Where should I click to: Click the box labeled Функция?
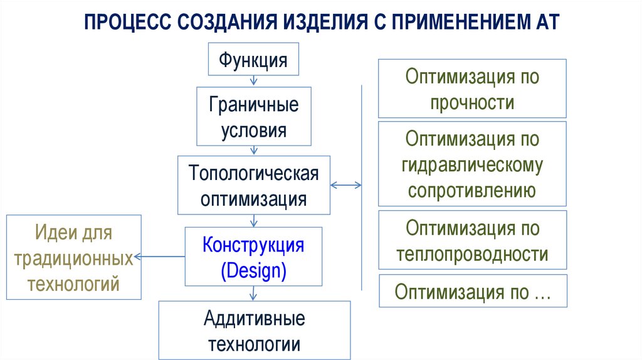pos(253,61)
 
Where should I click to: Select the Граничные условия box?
pos(253,117)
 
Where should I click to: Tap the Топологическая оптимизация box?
pos(253,186)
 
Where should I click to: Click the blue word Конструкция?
pos(253,245)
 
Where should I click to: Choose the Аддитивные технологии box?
pos(254,331)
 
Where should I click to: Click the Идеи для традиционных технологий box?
pos(74,257)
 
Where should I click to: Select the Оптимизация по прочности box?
pos(472,88)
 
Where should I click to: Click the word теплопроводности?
pos(472,254)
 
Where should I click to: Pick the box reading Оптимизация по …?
pos(472,292)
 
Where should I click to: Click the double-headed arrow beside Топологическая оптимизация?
pos(346,185)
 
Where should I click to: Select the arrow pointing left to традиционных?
pos(159,256)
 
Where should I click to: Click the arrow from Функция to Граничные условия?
pos(253,80)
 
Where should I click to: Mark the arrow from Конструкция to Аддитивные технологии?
pos(253,294)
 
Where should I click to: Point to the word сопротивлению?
pos(472,190)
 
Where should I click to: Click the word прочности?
pos(472,102)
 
